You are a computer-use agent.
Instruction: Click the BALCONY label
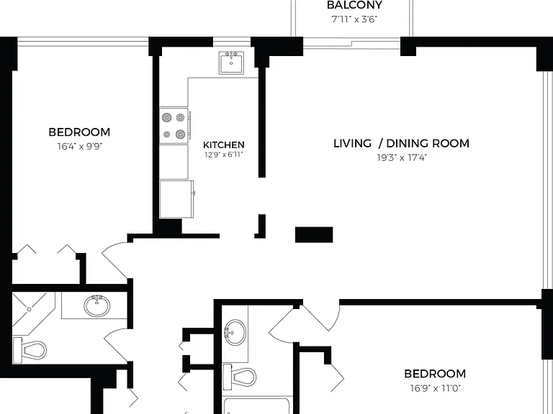click(354, 5)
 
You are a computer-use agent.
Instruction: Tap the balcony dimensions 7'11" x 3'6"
click(354, 19)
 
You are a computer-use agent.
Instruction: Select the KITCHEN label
click(224, 144)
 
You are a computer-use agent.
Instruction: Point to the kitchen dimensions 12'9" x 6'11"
click(224, 155)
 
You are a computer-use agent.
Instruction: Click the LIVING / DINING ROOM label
click(401, 143)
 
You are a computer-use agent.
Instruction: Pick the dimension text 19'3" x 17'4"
click(402, 157)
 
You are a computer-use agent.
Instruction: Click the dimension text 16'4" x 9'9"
click(80, 146)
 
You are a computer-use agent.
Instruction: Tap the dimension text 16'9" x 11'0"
click(435, 388)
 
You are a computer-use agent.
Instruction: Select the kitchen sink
click(231, 63)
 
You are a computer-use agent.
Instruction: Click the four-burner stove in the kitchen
click(174, 126)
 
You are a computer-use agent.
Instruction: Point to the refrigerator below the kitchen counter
click(176, 199)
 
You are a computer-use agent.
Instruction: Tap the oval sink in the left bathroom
click(97, 306)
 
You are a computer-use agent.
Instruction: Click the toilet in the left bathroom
click(30, 350)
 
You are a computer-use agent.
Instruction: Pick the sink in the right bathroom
click(235, 332)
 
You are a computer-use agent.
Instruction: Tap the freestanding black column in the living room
click(314, 235)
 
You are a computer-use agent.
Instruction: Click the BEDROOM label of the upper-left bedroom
click(79, 132)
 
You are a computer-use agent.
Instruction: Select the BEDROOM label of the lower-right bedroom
click(435, 374)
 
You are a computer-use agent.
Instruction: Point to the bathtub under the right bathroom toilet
click(256, 405)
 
